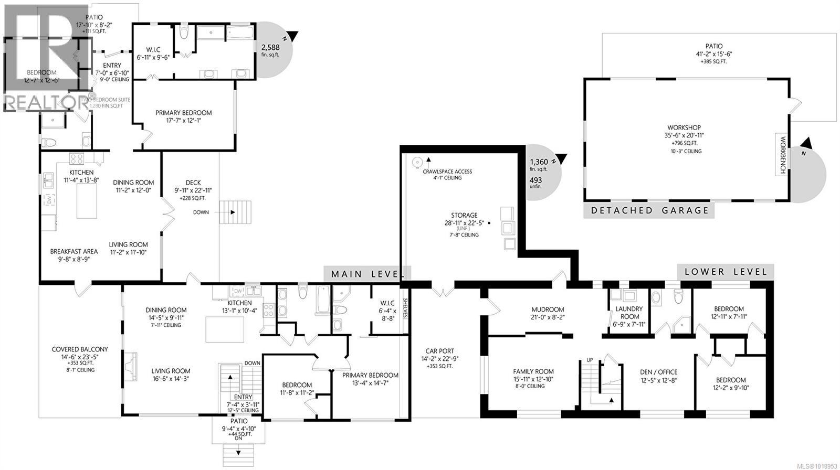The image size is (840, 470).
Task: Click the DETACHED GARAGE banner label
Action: pos(649,210)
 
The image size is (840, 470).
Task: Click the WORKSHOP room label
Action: pos(684,127)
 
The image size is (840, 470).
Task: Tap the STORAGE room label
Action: pos(464,215)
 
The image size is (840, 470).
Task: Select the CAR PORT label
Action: pos(439,351)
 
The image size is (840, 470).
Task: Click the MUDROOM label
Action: pos(547,309)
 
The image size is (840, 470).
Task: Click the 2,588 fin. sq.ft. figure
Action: pos(270,47)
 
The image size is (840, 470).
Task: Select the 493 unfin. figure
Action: pos(535,180)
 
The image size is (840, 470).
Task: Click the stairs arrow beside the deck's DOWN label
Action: pos(227,212)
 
